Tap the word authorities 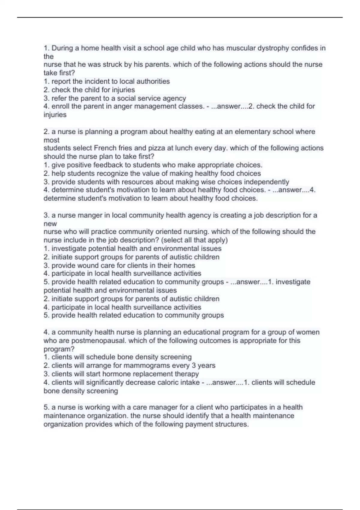(x=153, y=81)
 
